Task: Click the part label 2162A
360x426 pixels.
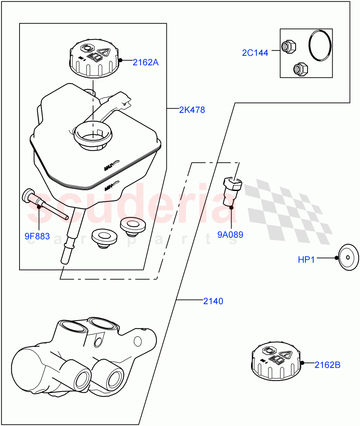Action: tap(146, 62)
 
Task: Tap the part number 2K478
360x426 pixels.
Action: tap(192, 110)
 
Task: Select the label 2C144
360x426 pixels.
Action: tap(255, 53)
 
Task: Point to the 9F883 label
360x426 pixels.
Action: tap(37, 236)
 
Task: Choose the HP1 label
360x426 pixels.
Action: tap(306, 260)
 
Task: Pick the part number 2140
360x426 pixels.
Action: tap(213, 301)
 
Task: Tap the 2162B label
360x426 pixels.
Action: tap(327, 365)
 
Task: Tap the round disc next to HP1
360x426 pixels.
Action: tap(348, 257)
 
